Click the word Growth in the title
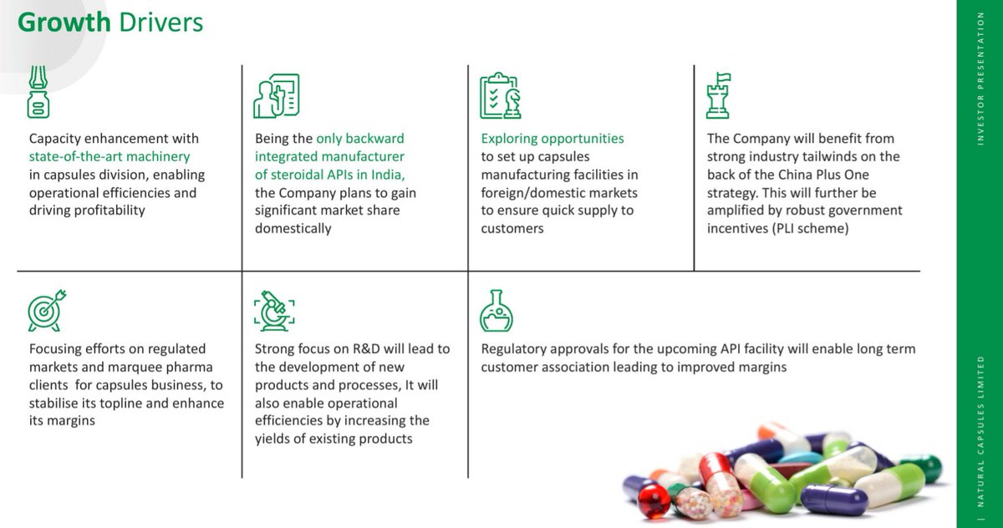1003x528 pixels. pos(64,22)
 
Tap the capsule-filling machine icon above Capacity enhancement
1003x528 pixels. pos(37,93)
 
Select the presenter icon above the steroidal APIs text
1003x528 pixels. pos(276,95)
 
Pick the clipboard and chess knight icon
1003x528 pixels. pos(501,95)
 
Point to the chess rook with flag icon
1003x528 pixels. pos(719,94)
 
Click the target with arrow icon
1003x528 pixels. pos(47,310)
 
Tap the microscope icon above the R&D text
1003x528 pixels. pos(273,311)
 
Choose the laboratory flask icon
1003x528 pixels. pos(496,311)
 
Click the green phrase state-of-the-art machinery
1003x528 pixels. pos(109,156)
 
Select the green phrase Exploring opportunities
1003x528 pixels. pos(552,139)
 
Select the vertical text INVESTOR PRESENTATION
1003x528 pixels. pos(980,79)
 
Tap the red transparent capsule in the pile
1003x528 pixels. pos(654,500)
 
